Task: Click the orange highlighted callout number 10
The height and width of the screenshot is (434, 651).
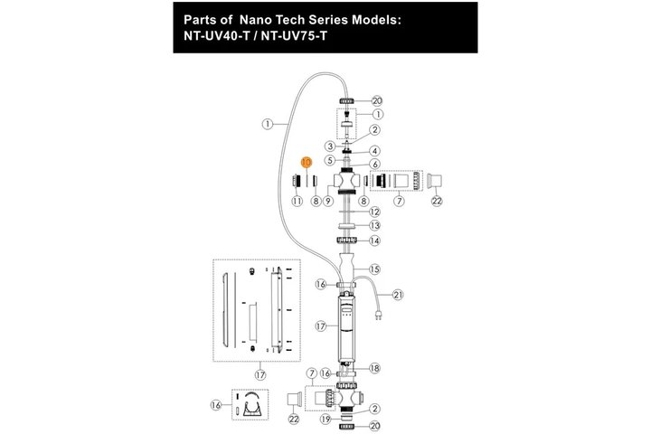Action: point(307,162)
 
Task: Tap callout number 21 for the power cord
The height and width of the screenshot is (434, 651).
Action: point(398,295)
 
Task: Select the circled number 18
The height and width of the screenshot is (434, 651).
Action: point(374,368)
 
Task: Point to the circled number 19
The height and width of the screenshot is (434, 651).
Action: point(325,420)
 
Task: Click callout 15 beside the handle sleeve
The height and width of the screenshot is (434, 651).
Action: point(374,269)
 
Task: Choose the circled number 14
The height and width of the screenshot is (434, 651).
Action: point(374,241)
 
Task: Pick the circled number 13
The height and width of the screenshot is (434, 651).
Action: point(374,225)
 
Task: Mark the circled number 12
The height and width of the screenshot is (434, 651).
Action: point(374,212)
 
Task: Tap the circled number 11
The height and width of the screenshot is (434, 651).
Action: point(297,201)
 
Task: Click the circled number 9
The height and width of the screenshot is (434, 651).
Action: point(328,201)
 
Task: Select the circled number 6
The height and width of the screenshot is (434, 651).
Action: point(374,165)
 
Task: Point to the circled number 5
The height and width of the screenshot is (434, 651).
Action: point(330,160)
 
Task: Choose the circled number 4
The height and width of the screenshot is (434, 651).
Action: point(374,151)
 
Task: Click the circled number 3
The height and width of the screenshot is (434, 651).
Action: point(330,146)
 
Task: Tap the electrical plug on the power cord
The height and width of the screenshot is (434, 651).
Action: point(378,316)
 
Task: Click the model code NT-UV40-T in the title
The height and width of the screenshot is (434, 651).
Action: point(217,36)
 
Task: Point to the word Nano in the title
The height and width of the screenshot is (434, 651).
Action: point(257,20)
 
